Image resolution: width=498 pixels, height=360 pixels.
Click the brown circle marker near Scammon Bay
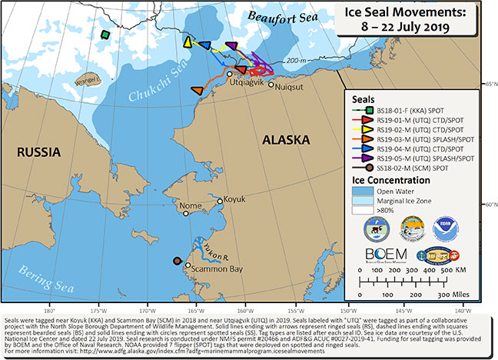coord(178,260)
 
